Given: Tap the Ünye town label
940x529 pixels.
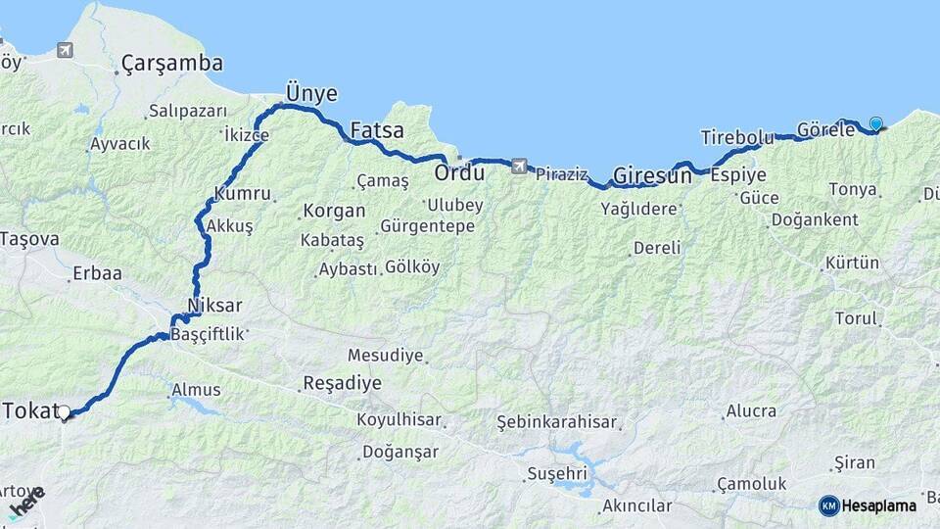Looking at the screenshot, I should click(310, 93).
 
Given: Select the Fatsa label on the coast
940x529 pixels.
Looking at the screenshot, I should click(377, 130).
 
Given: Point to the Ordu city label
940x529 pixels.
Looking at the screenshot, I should click(459, 173).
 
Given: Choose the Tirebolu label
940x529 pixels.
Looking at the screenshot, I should click(737, 137).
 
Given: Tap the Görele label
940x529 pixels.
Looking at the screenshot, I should click(826, 129).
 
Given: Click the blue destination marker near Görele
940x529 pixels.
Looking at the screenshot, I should click(875, 124).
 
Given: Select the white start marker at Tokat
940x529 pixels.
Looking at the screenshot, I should click(65, 413).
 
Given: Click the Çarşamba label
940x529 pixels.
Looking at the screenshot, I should click(171, 65).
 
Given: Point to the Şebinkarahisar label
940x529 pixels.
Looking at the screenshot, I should click(557, 422).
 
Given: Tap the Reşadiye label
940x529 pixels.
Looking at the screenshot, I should click(342, 383).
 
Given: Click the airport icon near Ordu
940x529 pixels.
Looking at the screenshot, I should click(518, 166).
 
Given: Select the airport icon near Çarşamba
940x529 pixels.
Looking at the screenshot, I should click(65, 50).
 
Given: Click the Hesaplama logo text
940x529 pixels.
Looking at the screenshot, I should click(880, 505).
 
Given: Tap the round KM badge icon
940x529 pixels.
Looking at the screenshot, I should click(828, 505).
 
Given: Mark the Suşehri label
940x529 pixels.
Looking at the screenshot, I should click(556, 473).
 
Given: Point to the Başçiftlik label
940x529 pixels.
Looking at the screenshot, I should click(206, 335).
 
